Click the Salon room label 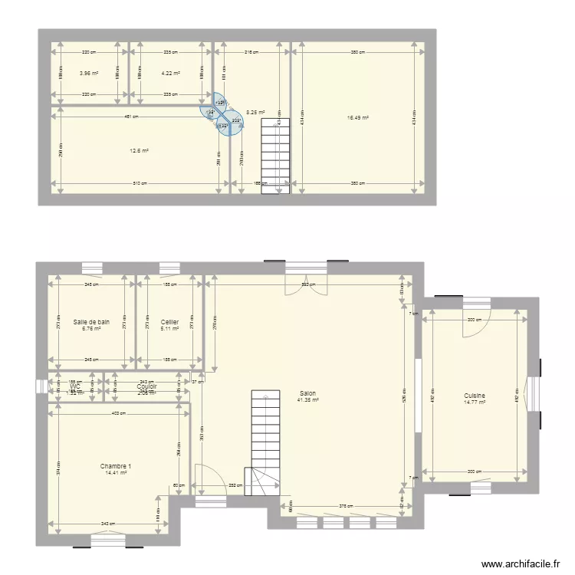click(x=307, y=394)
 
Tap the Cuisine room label click(x=475, y=396)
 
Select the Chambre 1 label click(x=116, y=466)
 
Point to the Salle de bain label click(x=91, y=322)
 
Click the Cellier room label click(x=169, y=322)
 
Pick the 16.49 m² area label click(x=358, y=118)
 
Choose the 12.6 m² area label click(x=139, y=151)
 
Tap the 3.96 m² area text click(x=89, y=74)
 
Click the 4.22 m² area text click(x=170, y=74)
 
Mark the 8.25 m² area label click(x=255, y=112)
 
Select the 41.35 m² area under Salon click(x=307, y=401)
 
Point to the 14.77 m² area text click(x=475, y=402)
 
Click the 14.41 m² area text click(x=116, y=473)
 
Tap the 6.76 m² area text click(x=91, y=329)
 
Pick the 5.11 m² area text click(x=169, y=329)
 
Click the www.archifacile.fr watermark click(x=521, y=564)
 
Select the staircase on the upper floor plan click(x=274, y=157)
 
